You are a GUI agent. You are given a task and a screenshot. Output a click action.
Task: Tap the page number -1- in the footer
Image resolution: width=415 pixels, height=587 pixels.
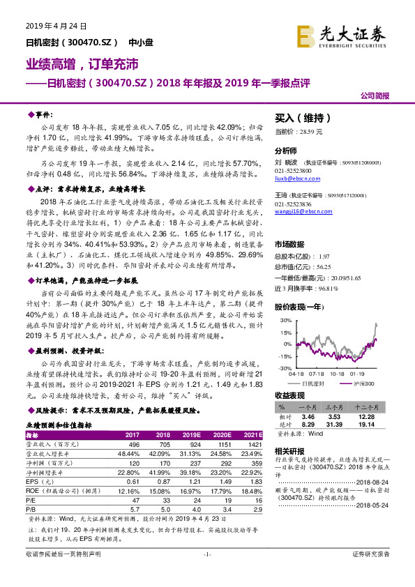[206, 574]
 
